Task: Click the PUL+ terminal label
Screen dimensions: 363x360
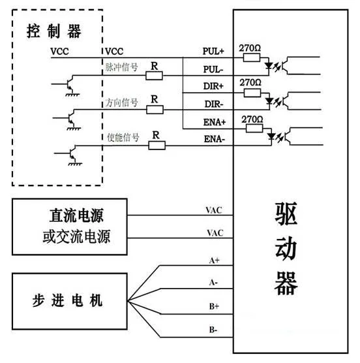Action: coord(214,50)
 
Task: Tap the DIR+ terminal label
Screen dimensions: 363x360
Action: coord(214,86)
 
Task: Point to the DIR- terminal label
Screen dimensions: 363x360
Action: coord(214,103)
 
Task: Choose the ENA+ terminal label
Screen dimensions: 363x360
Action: coord(214,122)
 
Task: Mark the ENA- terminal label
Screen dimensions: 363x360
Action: coord(214,140)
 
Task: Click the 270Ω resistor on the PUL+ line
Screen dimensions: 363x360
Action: coord(251,57)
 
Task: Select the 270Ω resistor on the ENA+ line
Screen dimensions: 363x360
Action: coord(251,129)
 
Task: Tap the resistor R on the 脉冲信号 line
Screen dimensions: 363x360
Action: coord(154,76)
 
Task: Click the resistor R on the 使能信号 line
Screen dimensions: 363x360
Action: coord(156,145)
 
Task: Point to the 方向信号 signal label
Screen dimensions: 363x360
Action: coord(121,103)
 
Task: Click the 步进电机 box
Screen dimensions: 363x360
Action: coord(68,302)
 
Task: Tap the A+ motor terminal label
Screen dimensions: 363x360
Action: coord(214,260)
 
